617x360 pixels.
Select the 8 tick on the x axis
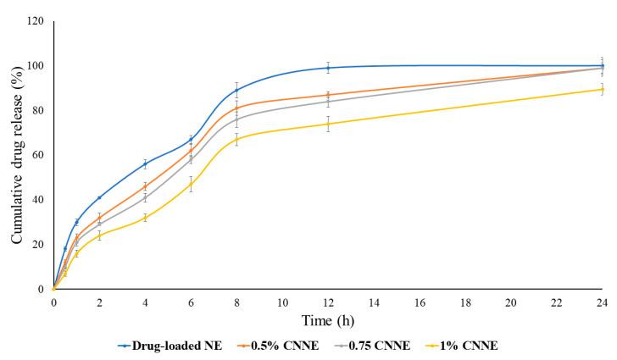coord(236,302)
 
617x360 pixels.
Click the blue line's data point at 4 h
coord(145,163)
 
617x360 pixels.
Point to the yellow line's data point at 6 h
coord(191,184)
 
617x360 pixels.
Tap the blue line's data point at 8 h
coord(236,90)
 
